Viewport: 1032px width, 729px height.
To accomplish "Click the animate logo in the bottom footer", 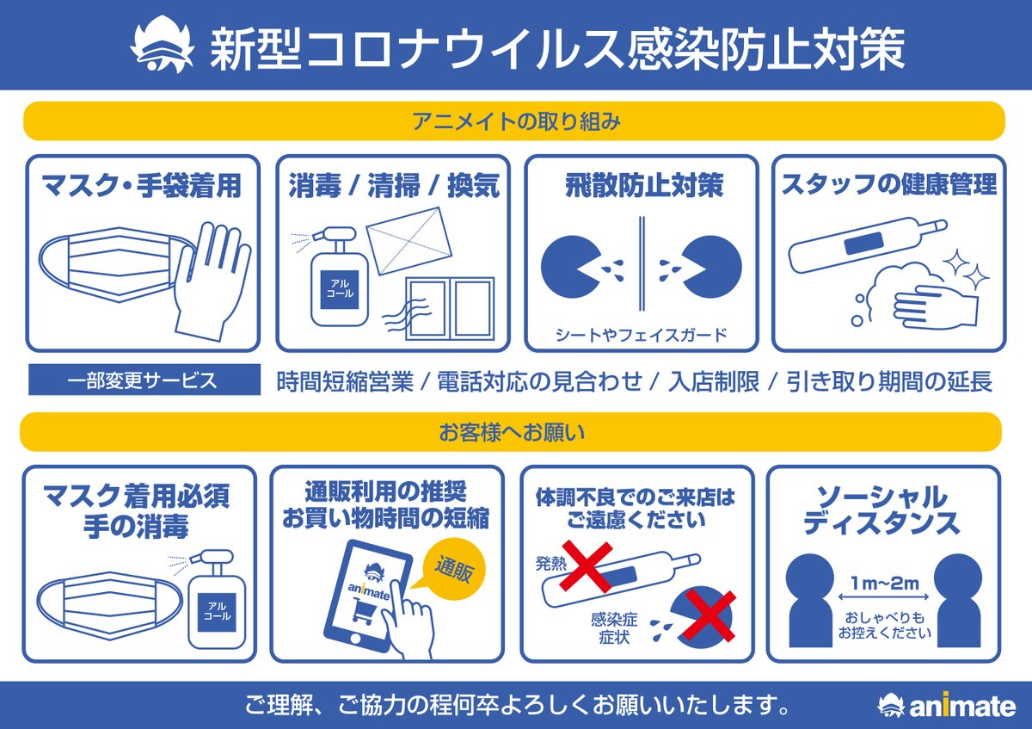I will [946, 706].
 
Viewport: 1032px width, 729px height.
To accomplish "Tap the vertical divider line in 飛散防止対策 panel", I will [642, 263].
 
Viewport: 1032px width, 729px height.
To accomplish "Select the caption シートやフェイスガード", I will [641, 334].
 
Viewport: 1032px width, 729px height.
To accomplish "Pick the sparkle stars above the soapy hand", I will [966, 268].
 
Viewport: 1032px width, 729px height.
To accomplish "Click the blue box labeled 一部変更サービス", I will [144, 380].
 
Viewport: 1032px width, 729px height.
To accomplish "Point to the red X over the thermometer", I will [587, 565].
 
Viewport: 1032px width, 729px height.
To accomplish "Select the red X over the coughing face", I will [707, 615].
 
